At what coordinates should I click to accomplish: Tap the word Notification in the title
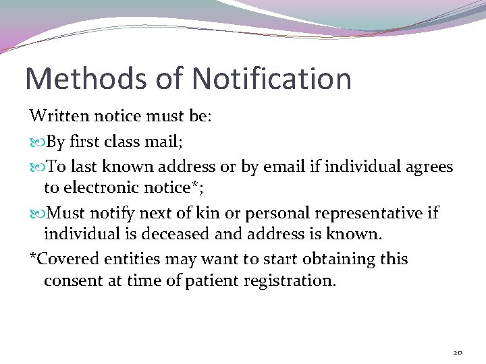click(271, 79)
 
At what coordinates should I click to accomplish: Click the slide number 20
click(458, 352)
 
